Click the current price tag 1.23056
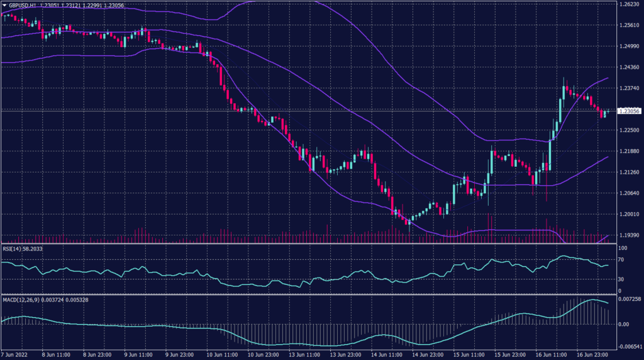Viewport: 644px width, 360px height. click(x=629, y=111)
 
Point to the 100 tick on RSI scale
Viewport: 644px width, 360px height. click(x=621, y=248)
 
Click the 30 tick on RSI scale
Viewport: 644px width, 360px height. click(x=620, y=279)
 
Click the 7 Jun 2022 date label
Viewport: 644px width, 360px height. click(x=16, y=355)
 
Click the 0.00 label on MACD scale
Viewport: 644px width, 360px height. click(x=621, y=325)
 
